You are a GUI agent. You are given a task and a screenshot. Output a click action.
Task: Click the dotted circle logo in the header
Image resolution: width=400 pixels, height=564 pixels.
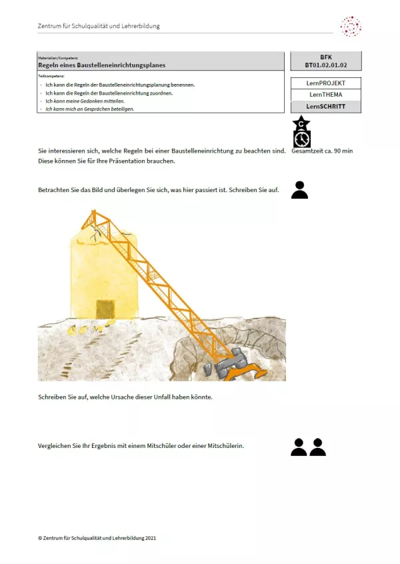[351, 27]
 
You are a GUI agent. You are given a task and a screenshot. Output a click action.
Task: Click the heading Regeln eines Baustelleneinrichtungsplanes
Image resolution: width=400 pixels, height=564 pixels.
[101, 65]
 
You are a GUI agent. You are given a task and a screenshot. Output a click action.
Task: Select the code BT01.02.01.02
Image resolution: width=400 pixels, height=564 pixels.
[326, 65]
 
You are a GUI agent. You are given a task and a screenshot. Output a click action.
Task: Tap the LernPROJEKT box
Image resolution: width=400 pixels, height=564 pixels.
[326, 83]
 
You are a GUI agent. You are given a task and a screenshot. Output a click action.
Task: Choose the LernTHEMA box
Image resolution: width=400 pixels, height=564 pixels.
[326, 95]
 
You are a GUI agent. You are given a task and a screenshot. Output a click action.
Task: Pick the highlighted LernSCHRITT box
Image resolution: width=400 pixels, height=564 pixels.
[326, 106]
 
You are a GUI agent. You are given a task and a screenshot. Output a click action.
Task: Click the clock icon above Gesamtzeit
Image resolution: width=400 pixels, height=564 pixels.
[302, 138]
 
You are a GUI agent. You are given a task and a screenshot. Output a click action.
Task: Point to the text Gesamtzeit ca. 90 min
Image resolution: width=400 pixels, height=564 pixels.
[322, 151]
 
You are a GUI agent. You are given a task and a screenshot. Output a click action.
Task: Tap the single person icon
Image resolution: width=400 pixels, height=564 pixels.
[299, 190]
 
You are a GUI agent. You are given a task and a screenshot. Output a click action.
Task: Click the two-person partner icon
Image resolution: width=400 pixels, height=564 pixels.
[308, 447]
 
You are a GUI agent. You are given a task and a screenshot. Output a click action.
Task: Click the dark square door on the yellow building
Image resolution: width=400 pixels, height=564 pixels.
[105, 309]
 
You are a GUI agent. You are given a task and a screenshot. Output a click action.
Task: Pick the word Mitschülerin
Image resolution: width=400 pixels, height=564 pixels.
[223, 445]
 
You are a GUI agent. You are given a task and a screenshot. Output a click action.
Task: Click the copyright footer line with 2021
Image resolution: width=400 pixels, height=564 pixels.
[97, 537]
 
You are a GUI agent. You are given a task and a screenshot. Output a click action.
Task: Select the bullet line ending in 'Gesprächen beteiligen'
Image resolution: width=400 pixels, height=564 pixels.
[89, 109]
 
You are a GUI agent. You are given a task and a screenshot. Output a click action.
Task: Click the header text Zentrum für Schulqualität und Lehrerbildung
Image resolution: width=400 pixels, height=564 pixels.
[99, 27]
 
